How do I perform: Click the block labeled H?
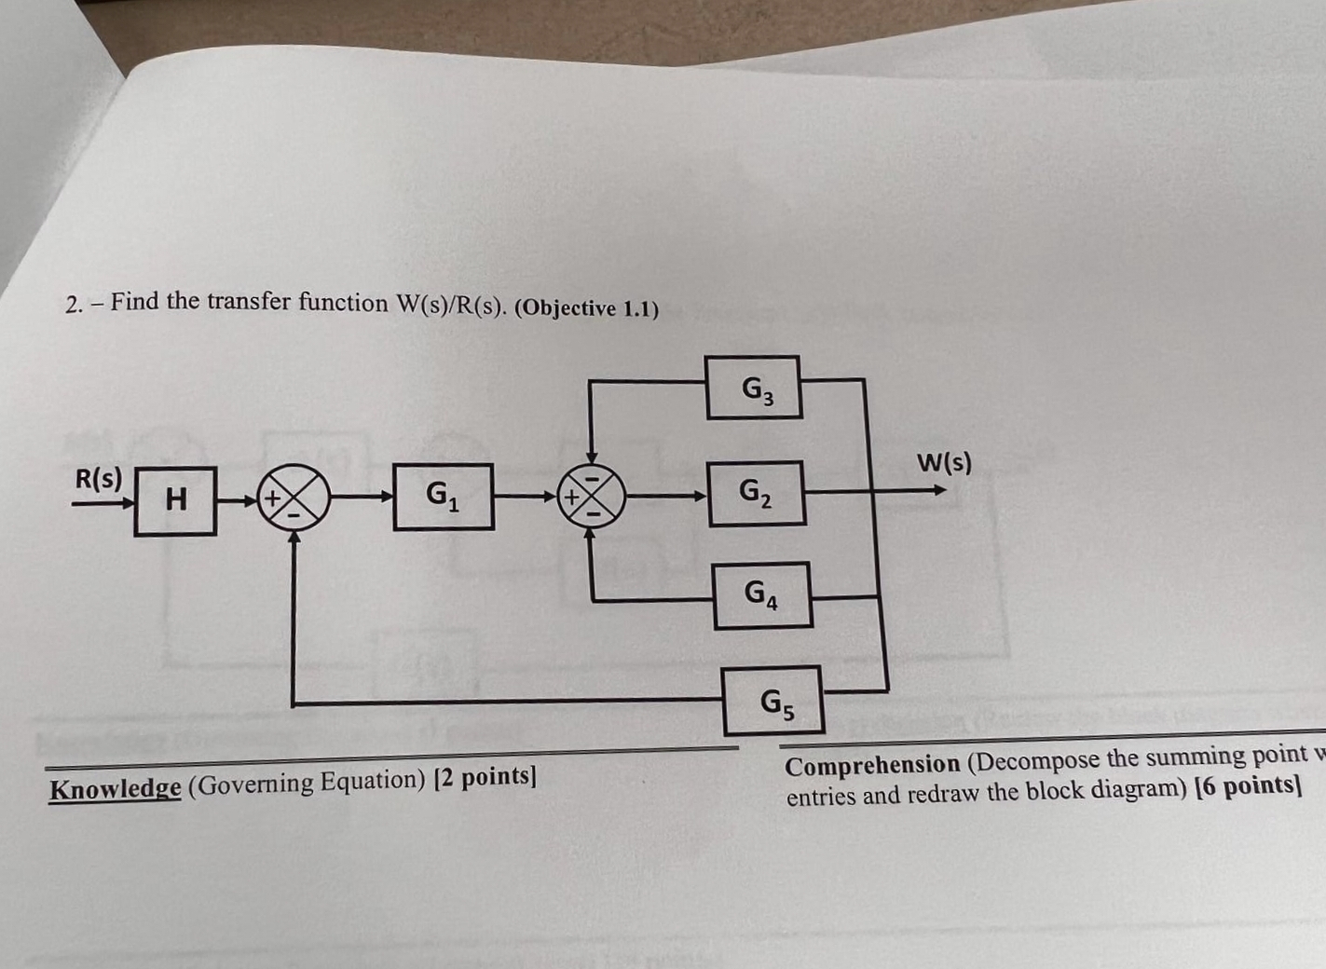click(175, 500)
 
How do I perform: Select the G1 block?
click(443, 496)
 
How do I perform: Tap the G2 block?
click(756, 493)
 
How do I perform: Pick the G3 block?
click(753, 388)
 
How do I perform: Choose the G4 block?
click(762, 594)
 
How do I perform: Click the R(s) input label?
click(99, 479)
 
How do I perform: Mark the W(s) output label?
click(944, 462)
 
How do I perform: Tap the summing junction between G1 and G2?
click(592, 495)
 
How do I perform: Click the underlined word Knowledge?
click(115, 788)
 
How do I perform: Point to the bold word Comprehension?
click(872, 765)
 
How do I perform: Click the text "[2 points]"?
click(485, 776)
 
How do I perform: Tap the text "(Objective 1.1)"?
click(586, 307)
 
